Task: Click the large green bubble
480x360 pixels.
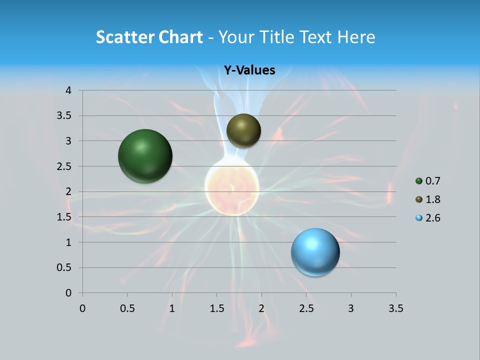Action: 145,156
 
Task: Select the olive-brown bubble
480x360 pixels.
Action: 243,130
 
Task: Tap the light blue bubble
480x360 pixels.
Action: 315,252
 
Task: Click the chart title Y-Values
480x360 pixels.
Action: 249,70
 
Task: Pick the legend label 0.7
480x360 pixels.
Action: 432,181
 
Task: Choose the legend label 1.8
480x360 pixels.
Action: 432,199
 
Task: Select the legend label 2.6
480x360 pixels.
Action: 432,218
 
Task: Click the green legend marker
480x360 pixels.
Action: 419,181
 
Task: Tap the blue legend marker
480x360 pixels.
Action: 419,218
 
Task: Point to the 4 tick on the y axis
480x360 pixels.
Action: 68,90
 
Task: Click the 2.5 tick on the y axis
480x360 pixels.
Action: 65,166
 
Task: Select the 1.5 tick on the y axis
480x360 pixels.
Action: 65,217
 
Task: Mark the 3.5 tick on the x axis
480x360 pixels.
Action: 395,308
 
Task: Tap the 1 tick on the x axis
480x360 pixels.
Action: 172,308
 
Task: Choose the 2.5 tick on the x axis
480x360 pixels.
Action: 306,308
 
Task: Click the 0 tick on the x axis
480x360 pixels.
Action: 82,308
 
